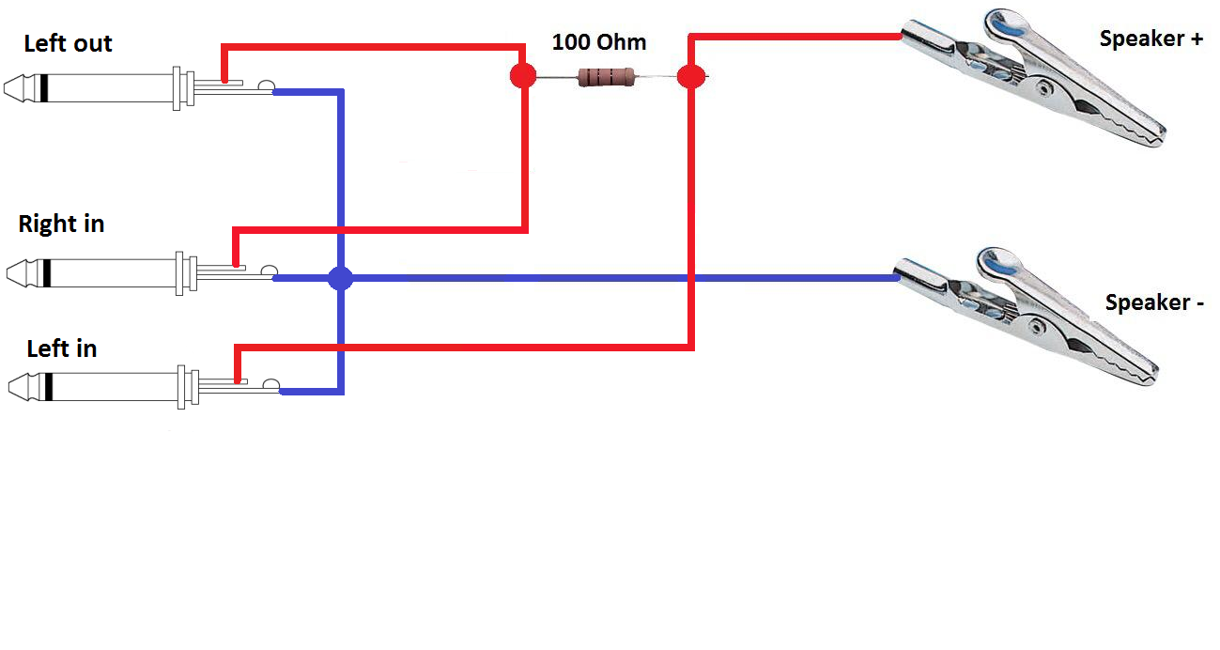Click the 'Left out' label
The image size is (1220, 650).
click(x=68, y=43)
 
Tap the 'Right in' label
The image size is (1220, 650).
click(x=61, y=224)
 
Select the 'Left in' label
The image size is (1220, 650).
click(x=61, y=348)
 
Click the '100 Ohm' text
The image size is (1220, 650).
click(x=598, y=42)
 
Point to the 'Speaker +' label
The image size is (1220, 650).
click(x=1151, y=39)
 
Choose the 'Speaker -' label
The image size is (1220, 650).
click(x=1154, y=302)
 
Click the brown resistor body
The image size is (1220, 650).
click(x=607, y=77)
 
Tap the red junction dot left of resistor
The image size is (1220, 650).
click(x=522, y=76)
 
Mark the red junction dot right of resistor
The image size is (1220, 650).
click(x=690, y=76)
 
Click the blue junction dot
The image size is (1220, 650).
click(x=340, y=278)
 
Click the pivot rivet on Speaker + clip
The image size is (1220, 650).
click(x=1043, y=88)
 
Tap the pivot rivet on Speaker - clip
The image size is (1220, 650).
click(x=1036, y=327)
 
